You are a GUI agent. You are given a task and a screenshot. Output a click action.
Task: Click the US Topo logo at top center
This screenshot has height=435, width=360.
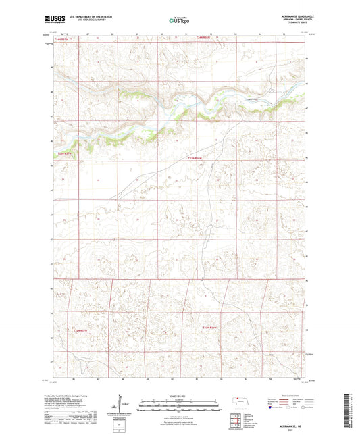(180, 20)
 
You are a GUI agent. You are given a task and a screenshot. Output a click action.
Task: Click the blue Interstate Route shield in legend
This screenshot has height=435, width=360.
(269, 407)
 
